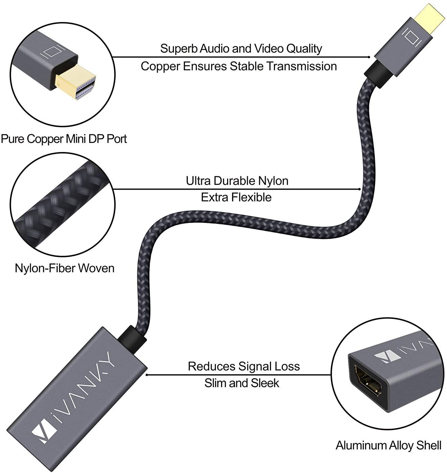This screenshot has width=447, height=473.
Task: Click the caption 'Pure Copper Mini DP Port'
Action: (64, 139)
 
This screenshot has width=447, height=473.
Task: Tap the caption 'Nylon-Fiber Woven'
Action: (65, 268)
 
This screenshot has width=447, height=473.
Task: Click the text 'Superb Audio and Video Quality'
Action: (241, 48)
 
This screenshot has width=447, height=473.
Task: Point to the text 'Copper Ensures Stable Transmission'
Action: (239, 66)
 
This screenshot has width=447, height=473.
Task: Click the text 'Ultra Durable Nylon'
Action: (237, 181)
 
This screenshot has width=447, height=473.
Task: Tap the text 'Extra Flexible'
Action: (236, 197)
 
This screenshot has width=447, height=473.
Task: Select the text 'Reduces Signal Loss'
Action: (244, 366)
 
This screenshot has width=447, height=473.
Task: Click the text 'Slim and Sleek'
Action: (242, 383)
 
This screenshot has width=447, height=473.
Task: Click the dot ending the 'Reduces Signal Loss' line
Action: (147, 375)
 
